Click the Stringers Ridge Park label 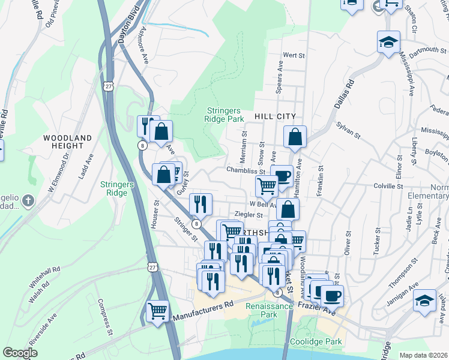(x=224, y=115)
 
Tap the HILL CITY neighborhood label (x=276, y=116)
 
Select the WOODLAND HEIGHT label (x=68, y=142)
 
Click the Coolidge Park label (x=316, y=342)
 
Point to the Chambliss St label (x=246, y=170)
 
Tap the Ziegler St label (x=249, y=215)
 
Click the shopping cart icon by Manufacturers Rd (x=157, y=311)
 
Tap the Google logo (x=20, y=353)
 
